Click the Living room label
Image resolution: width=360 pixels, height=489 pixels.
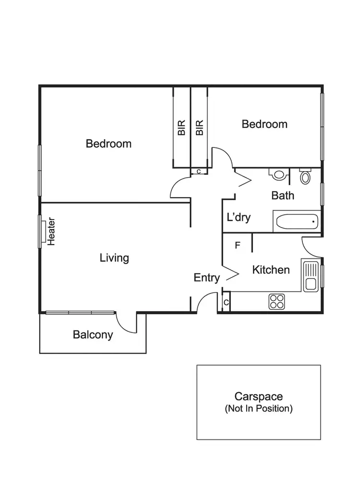click(114, 258)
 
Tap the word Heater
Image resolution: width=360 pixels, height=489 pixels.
click(52, 232)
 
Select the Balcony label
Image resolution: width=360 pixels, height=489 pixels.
click(93, 335)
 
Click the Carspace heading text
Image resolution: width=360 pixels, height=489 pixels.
click(258, 397)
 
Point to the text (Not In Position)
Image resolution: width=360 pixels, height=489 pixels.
click(258, 409)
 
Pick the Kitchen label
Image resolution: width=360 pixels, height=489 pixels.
click(271, 270)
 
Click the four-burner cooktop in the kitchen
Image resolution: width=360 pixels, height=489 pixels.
click(276, 301)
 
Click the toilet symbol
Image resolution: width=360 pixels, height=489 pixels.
click(305, 176)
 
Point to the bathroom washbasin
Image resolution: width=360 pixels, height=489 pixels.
click(278, 174)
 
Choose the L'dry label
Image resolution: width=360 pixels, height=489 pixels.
click(239, 217)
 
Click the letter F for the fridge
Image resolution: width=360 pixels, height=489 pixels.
click(237, 245)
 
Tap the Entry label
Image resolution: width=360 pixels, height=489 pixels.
click(207, 278)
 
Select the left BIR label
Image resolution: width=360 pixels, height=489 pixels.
click(181, 127)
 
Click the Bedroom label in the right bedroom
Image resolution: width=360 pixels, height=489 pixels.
click(264, 124)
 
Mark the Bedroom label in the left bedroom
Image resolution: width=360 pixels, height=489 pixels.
click(108, 144)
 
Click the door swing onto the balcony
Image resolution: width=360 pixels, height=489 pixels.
click(126, 323)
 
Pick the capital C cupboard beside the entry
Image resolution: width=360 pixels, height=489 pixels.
click(226, 303)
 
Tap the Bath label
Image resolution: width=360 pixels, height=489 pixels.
click(283, 196)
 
